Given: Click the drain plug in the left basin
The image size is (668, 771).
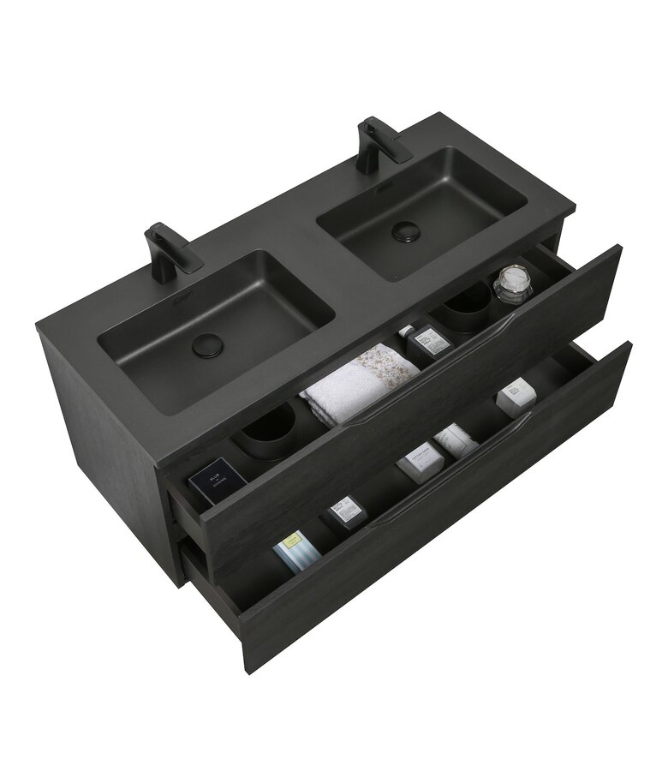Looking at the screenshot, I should (206, 344).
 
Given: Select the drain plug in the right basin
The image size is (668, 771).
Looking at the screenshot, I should (403, 232).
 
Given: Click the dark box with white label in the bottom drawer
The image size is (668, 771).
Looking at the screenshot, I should (343, 512).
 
